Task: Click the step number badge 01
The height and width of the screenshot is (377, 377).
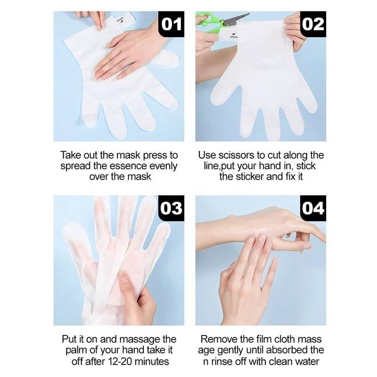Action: (x=171, y=24)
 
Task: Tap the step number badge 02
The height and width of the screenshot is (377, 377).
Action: (x=313, y=24)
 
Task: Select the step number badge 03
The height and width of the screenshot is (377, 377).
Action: (x=171, y=208)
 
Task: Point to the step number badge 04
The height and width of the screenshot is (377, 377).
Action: (x=313, y=208)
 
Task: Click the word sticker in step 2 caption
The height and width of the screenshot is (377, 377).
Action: (x=250, y=176)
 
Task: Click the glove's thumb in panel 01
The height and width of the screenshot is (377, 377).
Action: (x=166, y=57)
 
